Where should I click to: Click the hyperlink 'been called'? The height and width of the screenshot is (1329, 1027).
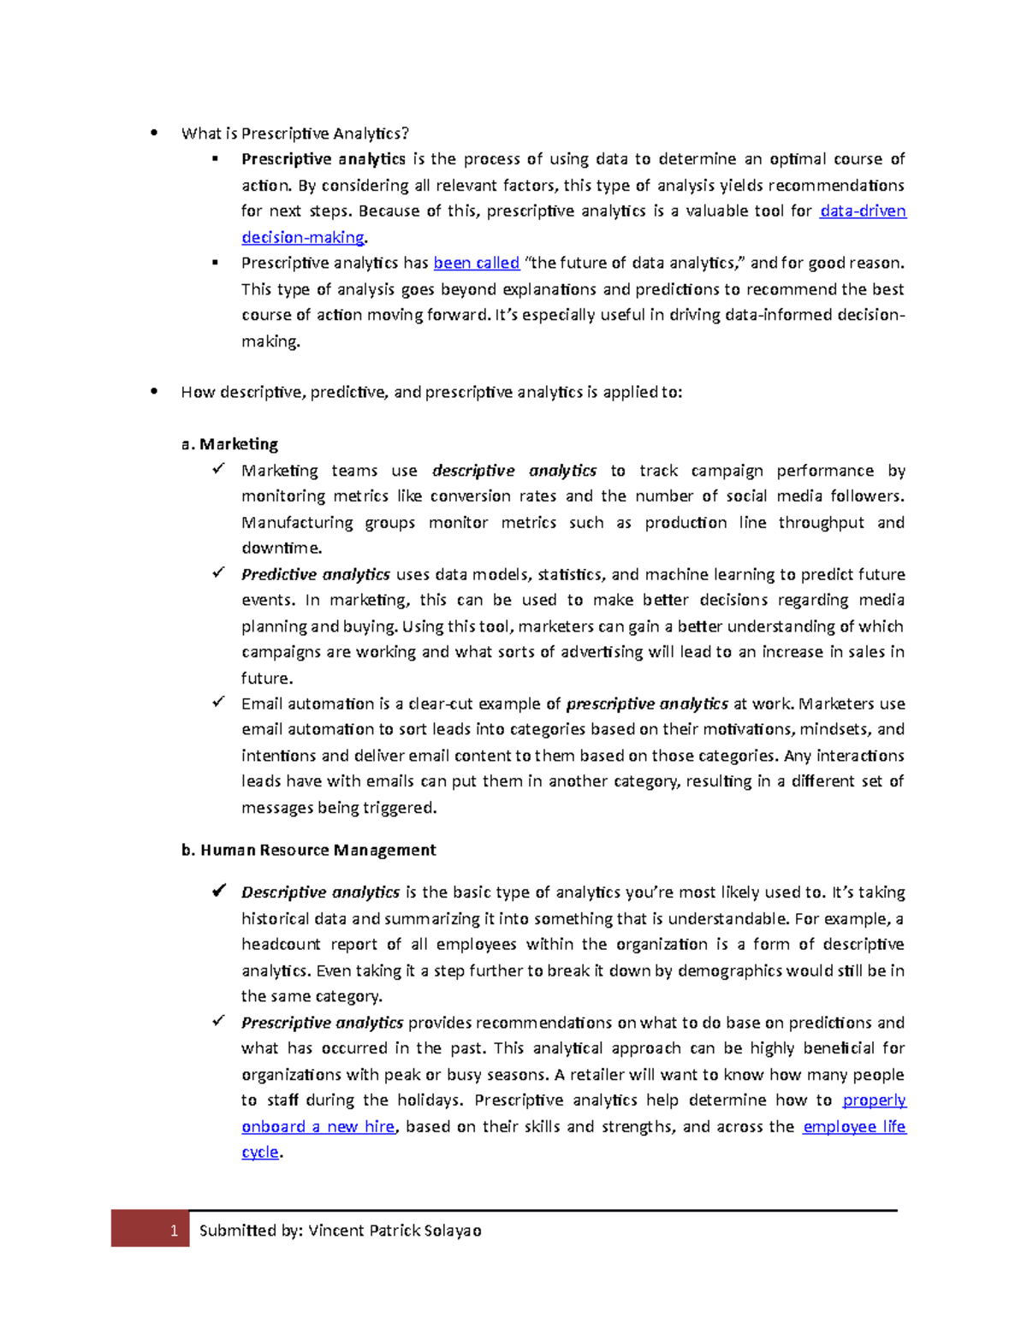click(x=477, y=263)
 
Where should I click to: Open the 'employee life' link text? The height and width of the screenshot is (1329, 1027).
click(x=854, y=1126)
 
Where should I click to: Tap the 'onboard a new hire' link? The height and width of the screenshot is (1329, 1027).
click(x=318, y=1126)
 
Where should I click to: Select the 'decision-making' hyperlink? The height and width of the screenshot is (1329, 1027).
click(x=303, y=237)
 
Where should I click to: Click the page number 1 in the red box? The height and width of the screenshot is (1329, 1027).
click(x=174, y=1231)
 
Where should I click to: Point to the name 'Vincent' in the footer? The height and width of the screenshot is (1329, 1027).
click(x=336, y=1231)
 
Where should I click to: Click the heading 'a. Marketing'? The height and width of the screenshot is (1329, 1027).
click(x=229, y=444)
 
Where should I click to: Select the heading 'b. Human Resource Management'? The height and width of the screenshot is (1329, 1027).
click(x=308, y=850)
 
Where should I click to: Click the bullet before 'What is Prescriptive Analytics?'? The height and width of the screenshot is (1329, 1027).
click(x=154, y=133)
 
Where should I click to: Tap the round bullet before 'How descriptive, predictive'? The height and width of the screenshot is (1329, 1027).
click(x=154, y=392)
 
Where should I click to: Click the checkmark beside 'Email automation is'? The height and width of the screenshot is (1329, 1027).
click(x=219, y=702)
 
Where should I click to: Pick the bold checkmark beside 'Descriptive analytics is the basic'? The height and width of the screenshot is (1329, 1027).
click(x=219, y=891)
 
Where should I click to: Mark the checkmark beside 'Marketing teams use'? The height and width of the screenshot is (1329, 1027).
click(x=219, y=469)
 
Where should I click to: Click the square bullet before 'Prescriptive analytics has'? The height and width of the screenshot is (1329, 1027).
click(x=216, y=263)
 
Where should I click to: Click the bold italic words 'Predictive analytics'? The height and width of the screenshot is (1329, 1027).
click(x=316, y=574)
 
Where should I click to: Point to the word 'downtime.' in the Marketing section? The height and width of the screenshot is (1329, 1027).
click(x=282, y=548)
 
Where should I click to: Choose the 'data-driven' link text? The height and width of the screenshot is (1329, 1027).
click(x=863, y=211)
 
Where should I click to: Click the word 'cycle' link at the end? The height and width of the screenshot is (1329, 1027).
click(x=260, y=1152)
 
